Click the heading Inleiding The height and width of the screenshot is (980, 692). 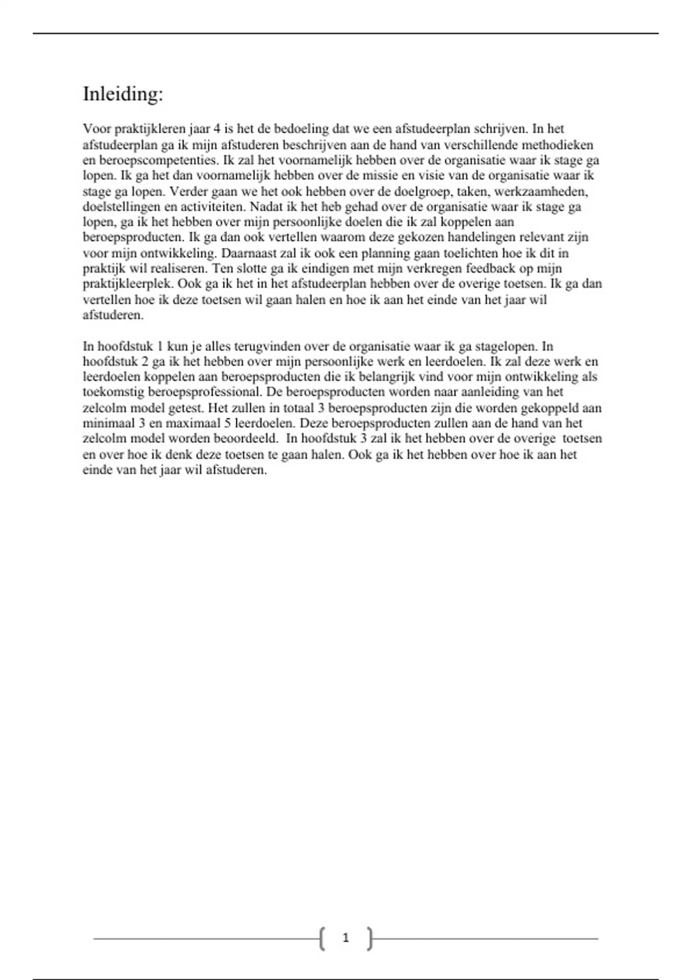coord(123,94)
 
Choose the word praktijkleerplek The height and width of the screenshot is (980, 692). coord(128,284)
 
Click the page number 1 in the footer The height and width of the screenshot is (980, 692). coord(345,938)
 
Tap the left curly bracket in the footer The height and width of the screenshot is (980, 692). coord(321,938)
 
